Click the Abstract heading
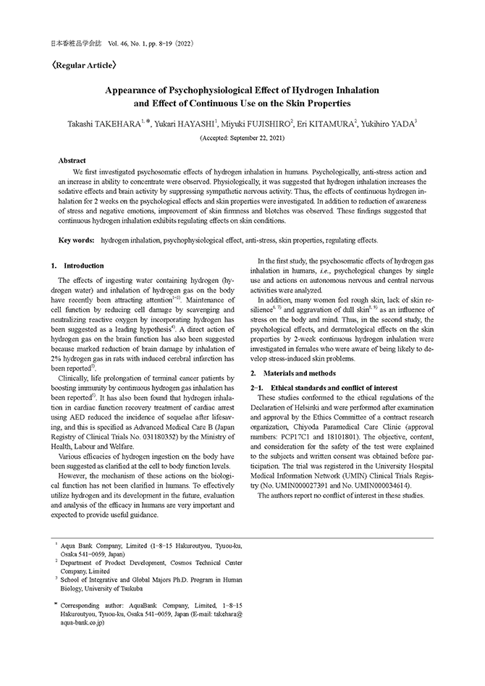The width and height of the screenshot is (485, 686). pos(72,160)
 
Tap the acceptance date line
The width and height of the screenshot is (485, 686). pos(242,137)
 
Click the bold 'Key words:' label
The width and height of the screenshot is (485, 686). pos(76,240)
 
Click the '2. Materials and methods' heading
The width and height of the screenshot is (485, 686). pos(292,373)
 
